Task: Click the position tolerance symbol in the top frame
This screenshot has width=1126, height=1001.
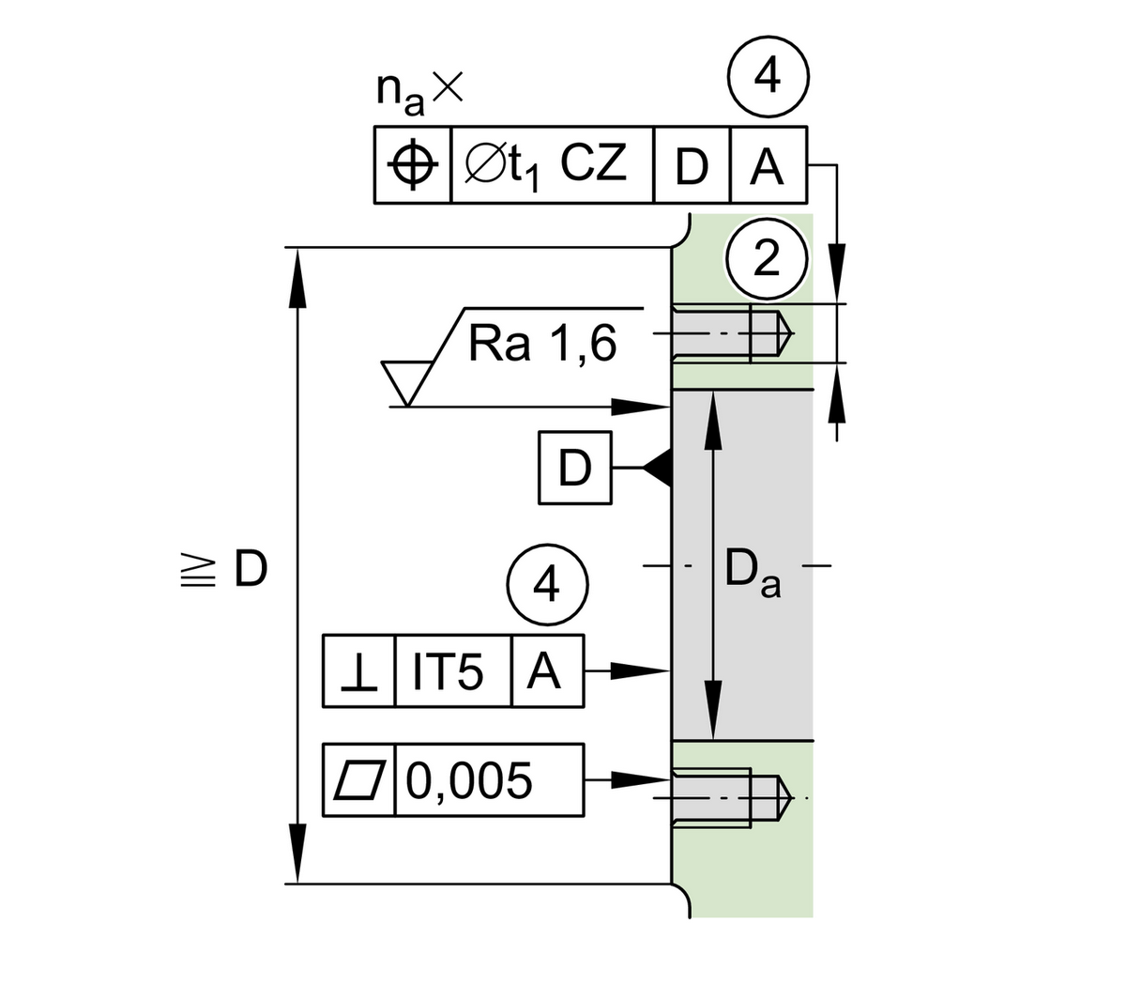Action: (413, 165)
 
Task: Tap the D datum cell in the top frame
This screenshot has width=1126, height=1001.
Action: (692, 166)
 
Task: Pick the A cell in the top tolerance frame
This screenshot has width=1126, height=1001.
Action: (767, 166)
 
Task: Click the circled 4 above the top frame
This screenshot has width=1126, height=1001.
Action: (768, 76)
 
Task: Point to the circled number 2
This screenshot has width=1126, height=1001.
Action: (767, 257)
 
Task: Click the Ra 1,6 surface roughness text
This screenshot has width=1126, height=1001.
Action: (542, 344)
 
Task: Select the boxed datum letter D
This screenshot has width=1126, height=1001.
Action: (574, 467)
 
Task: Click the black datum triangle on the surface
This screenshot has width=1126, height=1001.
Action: (659, 467)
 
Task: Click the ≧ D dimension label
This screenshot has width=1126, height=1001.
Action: (225, 569)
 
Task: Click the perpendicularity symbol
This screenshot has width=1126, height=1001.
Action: (359, 672)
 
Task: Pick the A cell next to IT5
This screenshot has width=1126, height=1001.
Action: (547, 672)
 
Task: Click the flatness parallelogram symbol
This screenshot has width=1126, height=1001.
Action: (359, 780)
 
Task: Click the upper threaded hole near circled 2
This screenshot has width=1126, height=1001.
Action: (732, 334)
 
